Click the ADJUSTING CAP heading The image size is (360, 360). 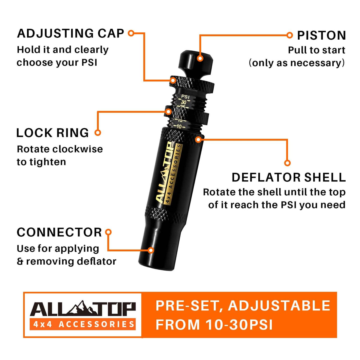click(70, 33)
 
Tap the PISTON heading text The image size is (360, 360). click(321, 35)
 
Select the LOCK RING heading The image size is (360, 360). click(52, 133)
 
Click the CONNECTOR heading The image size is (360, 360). click(59, 232)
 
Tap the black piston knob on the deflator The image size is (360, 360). click(196, 62)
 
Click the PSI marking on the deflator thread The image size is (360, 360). click(185, 97)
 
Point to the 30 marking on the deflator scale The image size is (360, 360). click(184, 102)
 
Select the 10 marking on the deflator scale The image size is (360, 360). click(179, 127)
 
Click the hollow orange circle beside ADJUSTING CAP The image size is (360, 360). click(131, 33)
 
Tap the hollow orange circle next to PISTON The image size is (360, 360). click(289, 35)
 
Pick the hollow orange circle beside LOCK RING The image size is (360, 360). click(98, 133)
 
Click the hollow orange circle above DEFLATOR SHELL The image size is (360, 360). click(287, 163)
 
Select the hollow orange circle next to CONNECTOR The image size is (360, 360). click(108, 232)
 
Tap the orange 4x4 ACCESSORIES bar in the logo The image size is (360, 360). click(82, 324)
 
